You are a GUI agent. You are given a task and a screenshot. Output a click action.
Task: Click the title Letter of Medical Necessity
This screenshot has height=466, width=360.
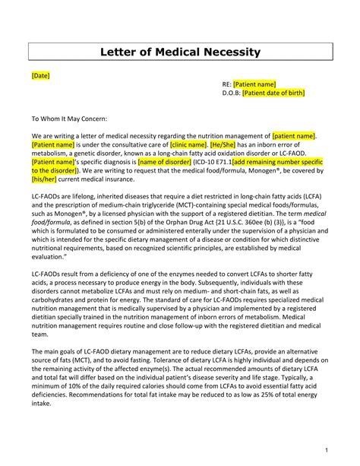point(180,52)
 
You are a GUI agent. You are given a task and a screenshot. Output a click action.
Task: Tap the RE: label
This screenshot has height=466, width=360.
point(226,84)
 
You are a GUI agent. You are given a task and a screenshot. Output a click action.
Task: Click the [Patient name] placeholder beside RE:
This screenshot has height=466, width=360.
point(254,84)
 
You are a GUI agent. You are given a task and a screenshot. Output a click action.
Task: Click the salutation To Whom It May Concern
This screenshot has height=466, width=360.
point(69,119)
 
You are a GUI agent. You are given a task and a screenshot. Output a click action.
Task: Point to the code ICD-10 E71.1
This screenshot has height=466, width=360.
point(213,162)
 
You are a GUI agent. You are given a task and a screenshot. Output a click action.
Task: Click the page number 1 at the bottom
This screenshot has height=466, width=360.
point(324,449)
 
